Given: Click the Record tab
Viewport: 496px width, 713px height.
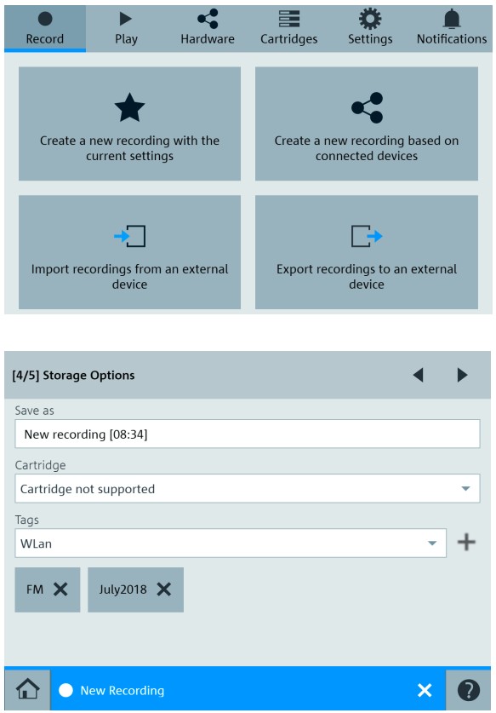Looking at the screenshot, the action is click(x=44, y=28).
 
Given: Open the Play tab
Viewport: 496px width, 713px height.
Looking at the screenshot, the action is click(x=126, y=28).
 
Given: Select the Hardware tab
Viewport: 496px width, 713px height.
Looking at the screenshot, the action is click(x=208, y=28).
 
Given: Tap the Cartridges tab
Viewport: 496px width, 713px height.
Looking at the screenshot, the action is click(x=289, y=28).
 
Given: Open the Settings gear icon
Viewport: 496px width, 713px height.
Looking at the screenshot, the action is click(x=370, y=19).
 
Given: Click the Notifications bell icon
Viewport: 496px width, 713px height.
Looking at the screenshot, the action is click(x=452, y=19).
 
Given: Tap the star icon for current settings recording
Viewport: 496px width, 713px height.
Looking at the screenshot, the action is click(x=129, y=108).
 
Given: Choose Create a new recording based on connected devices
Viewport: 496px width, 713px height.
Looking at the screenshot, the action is click(x=367, y=124).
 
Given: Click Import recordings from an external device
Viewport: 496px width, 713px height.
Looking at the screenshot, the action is click(x=129, y=252).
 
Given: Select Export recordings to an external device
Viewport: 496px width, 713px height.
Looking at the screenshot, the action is click(x=367, y=252).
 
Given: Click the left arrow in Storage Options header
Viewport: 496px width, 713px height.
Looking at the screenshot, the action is click(x=419, y=375).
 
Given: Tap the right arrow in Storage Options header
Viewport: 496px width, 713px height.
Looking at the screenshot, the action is click(x=462, y=375).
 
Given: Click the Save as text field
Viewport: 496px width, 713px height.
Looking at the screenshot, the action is click(x=247, y=434).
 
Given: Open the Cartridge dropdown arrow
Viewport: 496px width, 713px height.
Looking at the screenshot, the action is click(x=465, y=489).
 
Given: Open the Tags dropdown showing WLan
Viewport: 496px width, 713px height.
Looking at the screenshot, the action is click(x=231, y=543).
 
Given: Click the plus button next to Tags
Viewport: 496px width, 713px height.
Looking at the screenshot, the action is click(x=466, y=542).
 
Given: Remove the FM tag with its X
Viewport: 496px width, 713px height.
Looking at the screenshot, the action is click(x=60, y=589).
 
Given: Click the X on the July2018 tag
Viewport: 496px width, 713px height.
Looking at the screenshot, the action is click(x=164, y=589).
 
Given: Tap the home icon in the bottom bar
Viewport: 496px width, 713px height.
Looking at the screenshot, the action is click(x=27, y=689).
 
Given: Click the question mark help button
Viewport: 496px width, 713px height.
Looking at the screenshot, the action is click(x=469, y=690).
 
